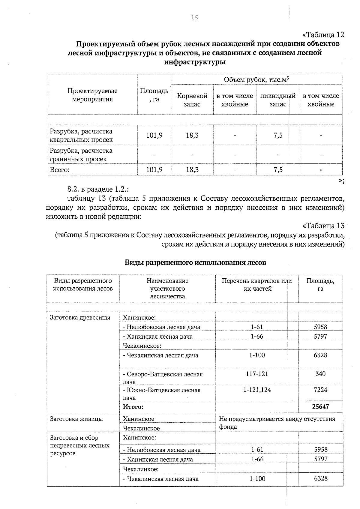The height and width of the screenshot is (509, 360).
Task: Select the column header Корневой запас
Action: (x=192, y=100)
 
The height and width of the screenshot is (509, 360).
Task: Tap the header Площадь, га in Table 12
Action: (x=154, y=95)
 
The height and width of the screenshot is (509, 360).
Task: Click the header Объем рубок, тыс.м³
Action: (x=256, y=79)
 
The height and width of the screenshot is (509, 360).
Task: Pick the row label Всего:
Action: (x=60, y=170)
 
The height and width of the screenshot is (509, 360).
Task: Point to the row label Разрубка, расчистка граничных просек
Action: (x=81, y=155)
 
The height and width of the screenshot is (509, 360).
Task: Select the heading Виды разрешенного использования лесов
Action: (x=195, y=262)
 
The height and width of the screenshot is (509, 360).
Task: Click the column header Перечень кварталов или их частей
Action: (x=257, y=285)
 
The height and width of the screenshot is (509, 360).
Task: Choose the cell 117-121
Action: (x=257, y=374)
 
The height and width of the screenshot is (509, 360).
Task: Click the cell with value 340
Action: (x=320, y=374)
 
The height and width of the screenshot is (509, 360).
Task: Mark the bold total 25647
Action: (x=320, y=407)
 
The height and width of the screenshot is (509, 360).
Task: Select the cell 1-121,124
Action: (x=257, y=390)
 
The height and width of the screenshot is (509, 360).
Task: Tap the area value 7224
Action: (x=320, y=390)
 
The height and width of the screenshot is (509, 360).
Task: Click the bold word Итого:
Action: (x=133, y=407)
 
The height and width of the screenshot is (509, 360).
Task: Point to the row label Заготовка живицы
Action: (x=76, y=419)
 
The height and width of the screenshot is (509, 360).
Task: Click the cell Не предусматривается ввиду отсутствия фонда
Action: (x=277, y=423)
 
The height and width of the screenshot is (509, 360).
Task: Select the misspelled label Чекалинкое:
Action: (x=141, y=469)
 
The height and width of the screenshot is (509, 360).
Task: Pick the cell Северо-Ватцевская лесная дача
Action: (x=163, y=378)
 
